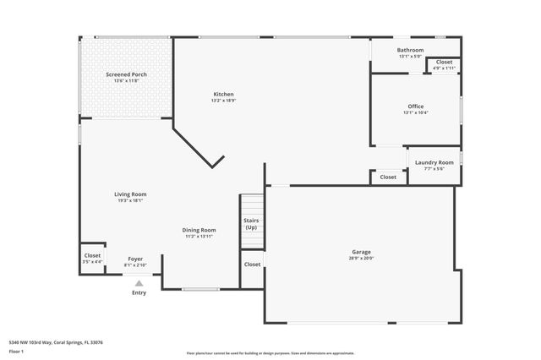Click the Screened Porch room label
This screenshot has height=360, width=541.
(127, 74)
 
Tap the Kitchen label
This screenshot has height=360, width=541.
(223, 94)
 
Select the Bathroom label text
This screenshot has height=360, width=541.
(411, 50)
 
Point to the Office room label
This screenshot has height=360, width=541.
(416, 106)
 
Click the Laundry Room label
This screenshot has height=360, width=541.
(434, 161)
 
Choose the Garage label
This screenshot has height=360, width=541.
(362, 252)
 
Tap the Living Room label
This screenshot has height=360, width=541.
(131, 194)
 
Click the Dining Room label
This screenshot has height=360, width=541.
(199, 230)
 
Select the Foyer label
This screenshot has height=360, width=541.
(135, 259)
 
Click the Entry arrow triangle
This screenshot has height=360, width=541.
(139, 283)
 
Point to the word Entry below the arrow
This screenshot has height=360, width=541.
(139, 293)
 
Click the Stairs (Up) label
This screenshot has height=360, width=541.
(251, 224)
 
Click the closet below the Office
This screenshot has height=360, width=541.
(388, 177)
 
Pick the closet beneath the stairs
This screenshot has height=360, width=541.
(253, 265)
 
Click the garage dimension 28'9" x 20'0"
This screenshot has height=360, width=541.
(362, 259)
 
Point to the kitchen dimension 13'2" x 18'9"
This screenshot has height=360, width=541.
(223, 101)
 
